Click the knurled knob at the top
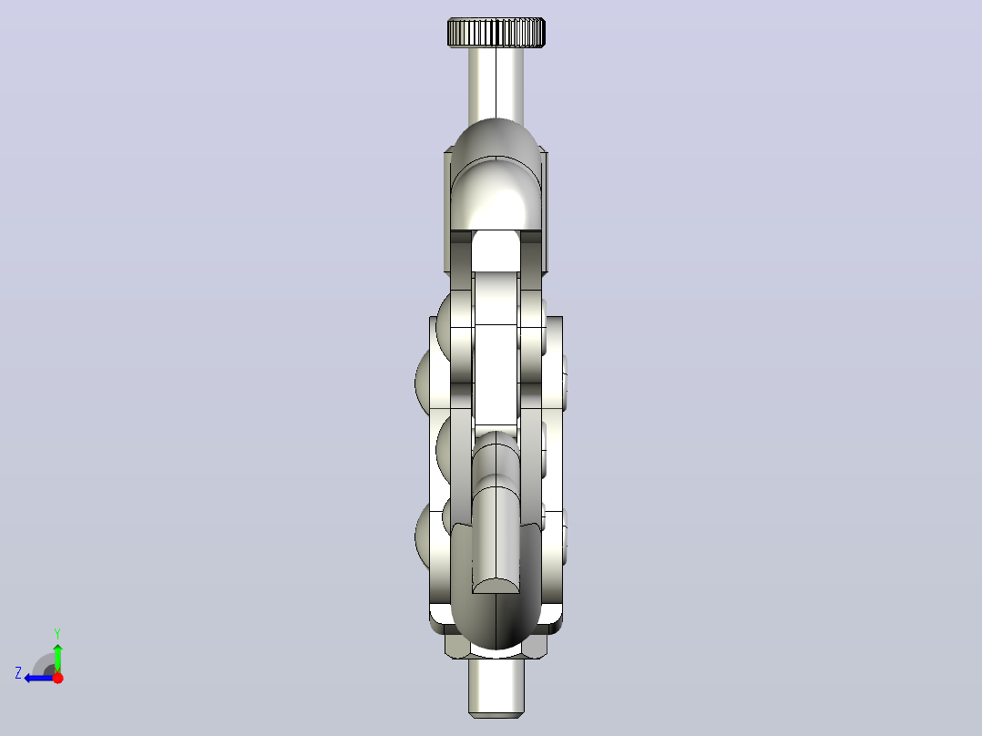[x=496, y=33]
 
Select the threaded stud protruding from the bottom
[x=496, y=688]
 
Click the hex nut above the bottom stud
[x=496, y=646]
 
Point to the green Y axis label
[x=57, y=633]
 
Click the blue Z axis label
[x=18, y=673]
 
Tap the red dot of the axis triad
[x=57, y=677]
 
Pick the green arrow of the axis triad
[x=57, y=658]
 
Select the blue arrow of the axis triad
[x=39, y=678]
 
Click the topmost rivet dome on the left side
[x=444, y=326]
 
